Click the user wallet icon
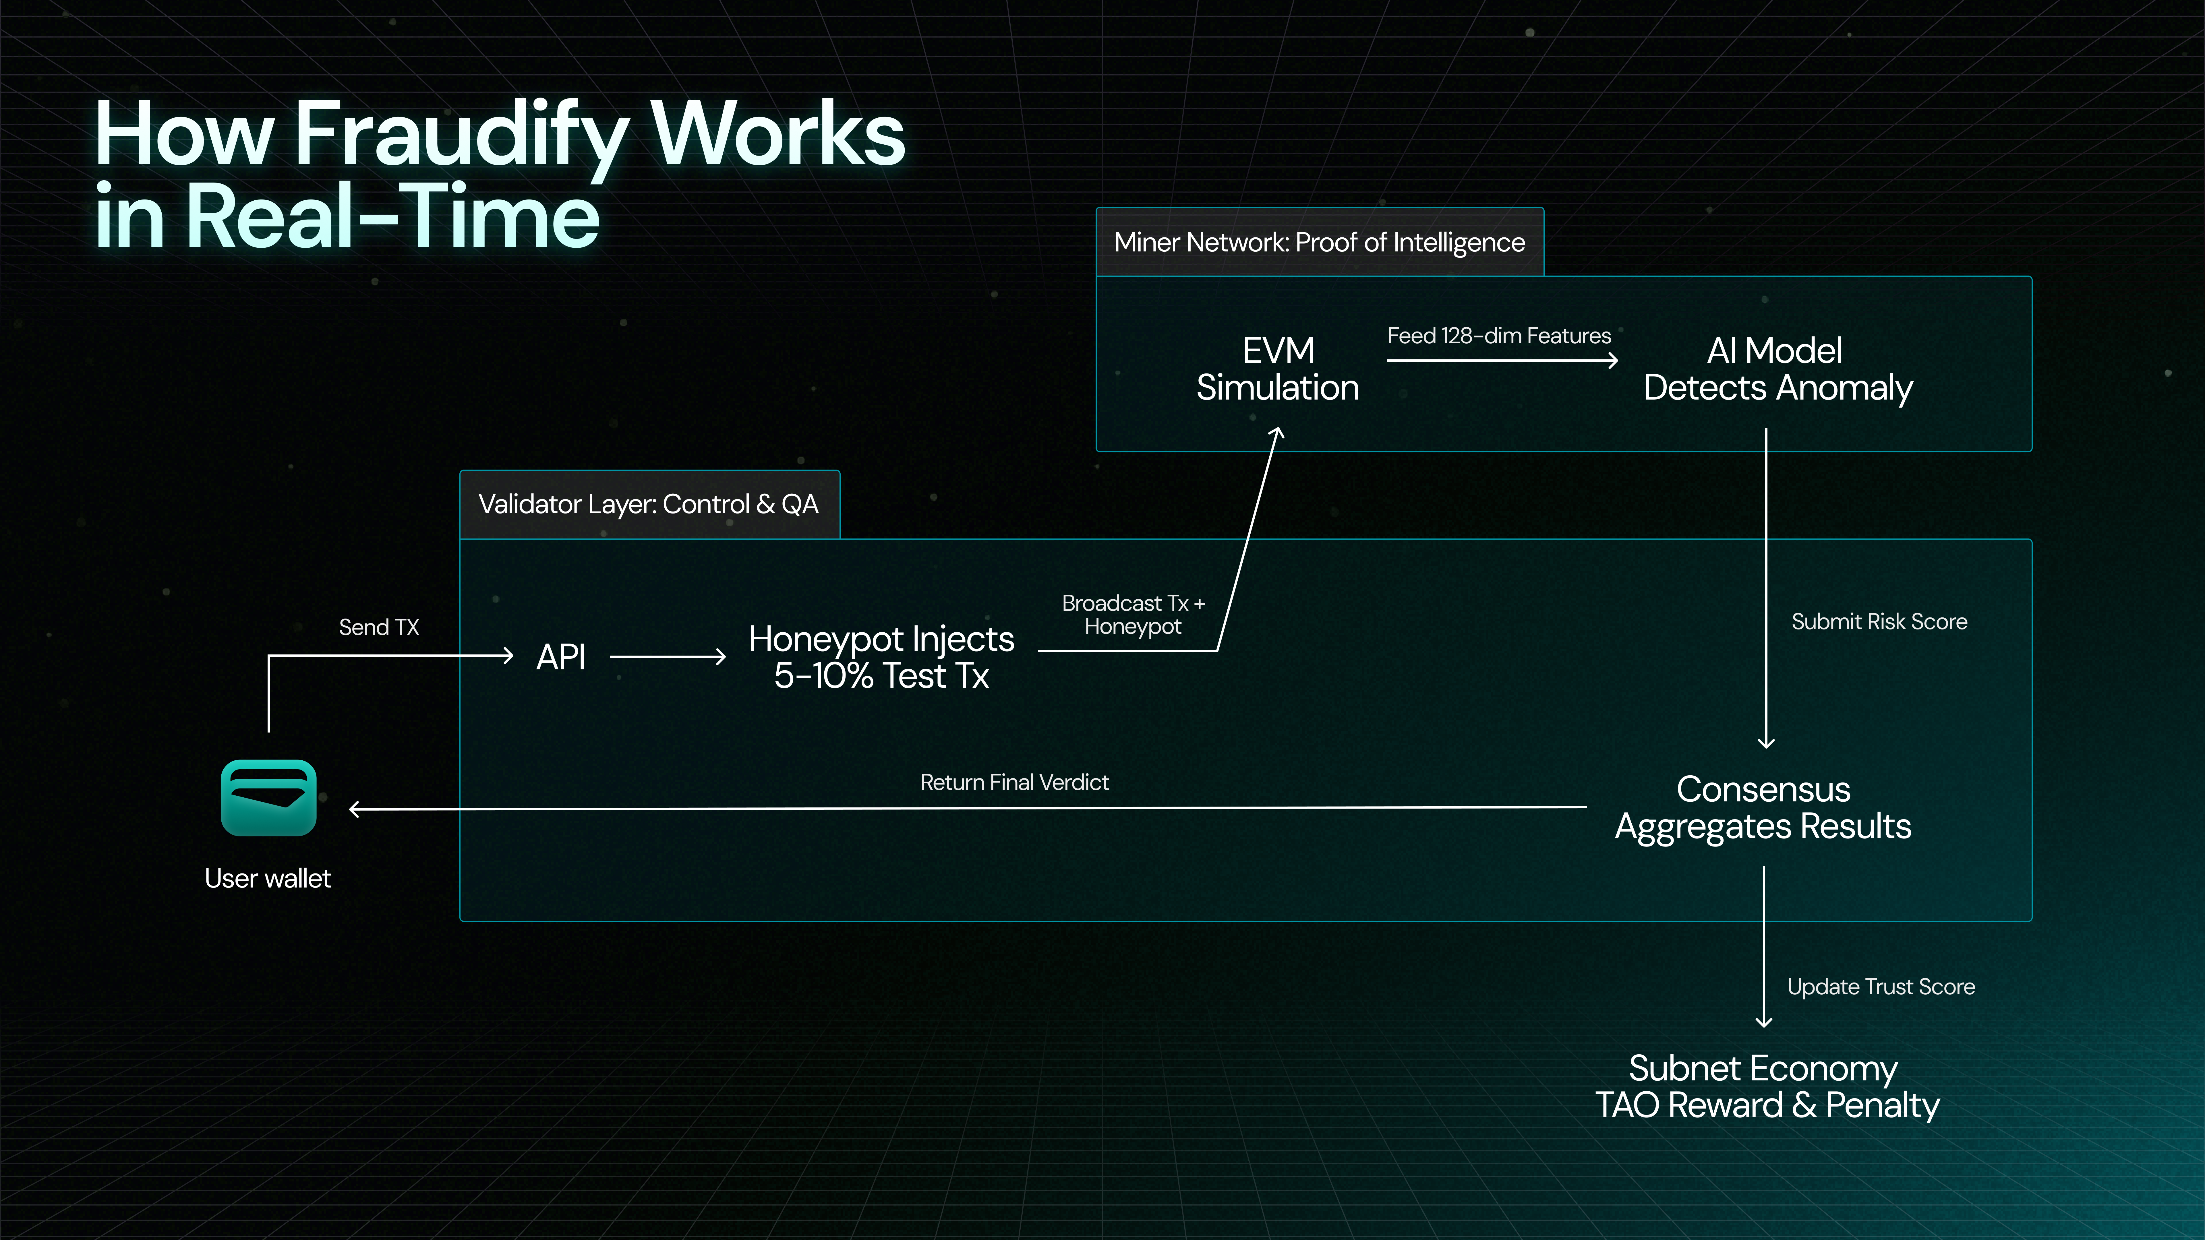(x=268, y=798)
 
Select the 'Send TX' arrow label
(x=378, y=627)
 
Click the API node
(x=561, y=657)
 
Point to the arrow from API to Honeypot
(x=668, y=657)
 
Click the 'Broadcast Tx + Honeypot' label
(x=1132, y=615)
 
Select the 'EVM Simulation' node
(x=1277, y=369)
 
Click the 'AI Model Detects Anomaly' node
(x=1777, y=369)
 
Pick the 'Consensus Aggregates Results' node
(x=1763, y=808)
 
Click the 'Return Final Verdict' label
(x=1014, y=782)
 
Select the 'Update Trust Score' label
(x=1881, y=987)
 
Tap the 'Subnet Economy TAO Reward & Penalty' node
(x=1766, y=1087)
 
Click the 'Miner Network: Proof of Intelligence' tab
(x=1319, y=242)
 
